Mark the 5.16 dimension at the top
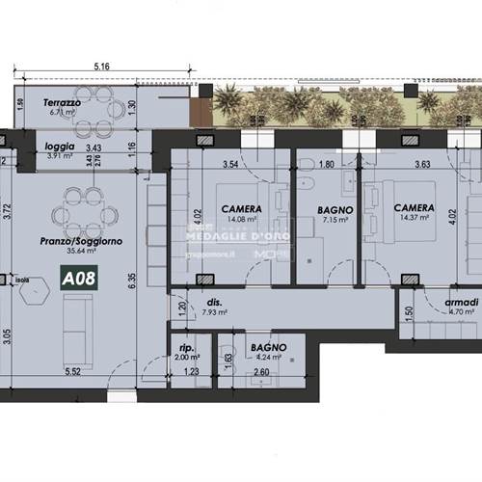[x=103, y=67]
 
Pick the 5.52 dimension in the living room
[x=69, y=369]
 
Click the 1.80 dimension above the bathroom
[x=326, y=165]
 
